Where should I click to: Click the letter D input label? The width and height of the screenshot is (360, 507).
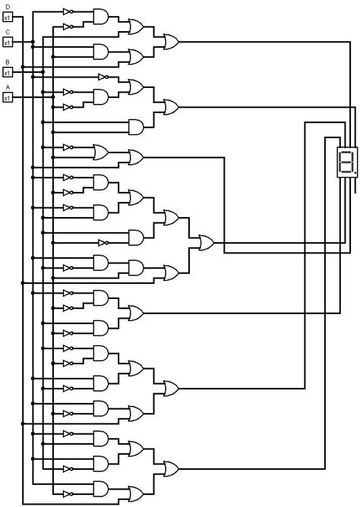click(x=8, y=6)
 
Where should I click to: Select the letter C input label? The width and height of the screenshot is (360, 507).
click(x=8, y=33)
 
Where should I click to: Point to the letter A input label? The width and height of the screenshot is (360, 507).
click(x=8, y=87)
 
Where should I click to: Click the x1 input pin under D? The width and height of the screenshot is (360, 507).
click(x=8, y=16)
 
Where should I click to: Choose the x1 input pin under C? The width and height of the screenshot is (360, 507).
click(x=8, y=43)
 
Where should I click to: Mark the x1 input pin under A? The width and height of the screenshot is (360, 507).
click(x=8, y=98)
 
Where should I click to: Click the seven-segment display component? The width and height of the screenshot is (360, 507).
click(x=346, y=161)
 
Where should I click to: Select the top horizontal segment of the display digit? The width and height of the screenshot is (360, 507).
click(x=346, y=151)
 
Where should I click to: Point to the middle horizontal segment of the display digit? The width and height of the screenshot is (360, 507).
click(x=346, y=161)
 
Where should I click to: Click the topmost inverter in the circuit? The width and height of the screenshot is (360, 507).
click(x=68, y=11)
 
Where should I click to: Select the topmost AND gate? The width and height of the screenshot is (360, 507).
click(x=101, y=16)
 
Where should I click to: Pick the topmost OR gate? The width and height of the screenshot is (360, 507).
click(x=137, y=27)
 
